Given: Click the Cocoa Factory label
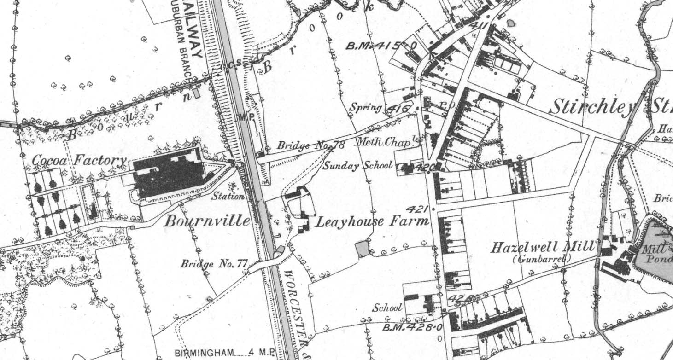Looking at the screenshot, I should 79,161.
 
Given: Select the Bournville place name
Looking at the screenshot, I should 207,221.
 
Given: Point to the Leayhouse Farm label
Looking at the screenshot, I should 372,222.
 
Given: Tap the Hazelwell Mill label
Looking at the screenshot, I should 543,248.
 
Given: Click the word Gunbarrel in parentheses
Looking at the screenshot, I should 542,259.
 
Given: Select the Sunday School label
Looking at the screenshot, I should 357,166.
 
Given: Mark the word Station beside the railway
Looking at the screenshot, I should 228,197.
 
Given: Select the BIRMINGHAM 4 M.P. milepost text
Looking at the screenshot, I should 224,354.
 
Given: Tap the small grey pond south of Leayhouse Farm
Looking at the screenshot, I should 362,249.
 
